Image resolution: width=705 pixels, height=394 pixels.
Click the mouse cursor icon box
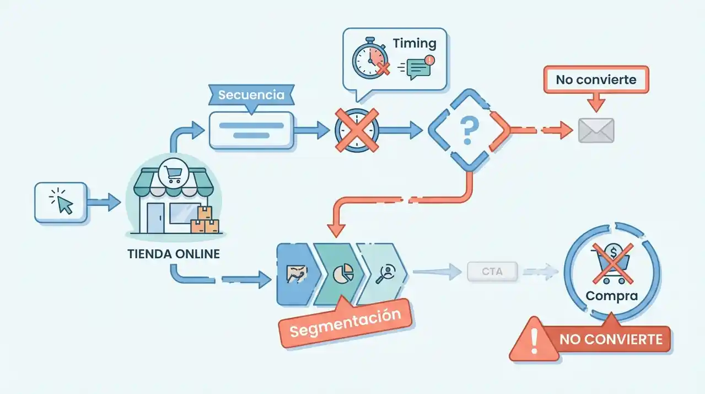[61, 203]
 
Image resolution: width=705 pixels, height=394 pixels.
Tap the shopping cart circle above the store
[174, 174]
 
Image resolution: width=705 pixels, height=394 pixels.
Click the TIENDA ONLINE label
[173, 254]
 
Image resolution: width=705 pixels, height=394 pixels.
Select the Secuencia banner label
[251, 95]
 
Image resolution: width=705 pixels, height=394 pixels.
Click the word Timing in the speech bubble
[415, 44]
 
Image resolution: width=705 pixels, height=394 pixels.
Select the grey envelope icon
[596, 131]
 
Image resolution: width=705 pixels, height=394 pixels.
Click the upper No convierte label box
[596, 80]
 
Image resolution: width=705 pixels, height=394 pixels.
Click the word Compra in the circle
[612, 296]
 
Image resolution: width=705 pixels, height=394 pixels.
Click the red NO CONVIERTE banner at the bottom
[610, 339]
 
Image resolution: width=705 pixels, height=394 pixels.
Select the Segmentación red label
[345, 323]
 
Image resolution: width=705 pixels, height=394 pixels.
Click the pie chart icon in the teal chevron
[343, 273]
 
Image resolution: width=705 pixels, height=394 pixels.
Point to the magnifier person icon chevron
[384, 273]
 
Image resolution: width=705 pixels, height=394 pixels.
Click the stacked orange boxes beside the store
[204, 222]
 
